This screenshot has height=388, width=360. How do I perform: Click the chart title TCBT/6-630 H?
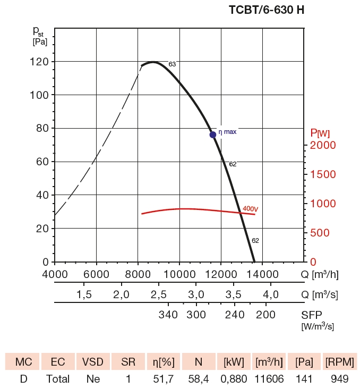[266, 10]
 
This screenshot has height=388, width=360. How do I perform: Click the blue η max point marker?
[213, 134]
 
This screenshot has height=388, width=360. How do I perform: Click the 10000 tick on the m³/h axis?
[179, 274]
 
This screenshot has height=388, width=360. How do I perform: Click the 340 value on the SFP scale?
[168, 315]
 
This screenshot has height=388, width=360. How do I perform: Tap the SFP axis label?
[312, 314]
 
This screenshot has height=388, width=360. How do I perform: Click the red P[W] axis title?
[320, 133]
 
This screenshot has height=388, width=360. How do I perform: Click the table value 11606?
[269, 379]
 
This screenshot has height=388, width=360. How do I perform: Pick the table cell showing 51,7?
[164, 379]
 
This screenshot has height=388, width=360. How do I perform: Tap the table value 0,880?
[234, 379]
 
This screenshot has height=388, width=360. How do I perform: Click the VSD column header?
[93, 362]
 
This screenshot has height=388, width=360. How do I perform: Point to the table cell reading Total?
[58, 379]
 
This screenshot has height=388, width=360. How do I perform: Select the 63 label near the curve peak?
[172, 64]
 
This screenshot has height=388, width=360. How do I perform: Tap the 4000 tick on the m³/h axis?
[55, 274]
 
